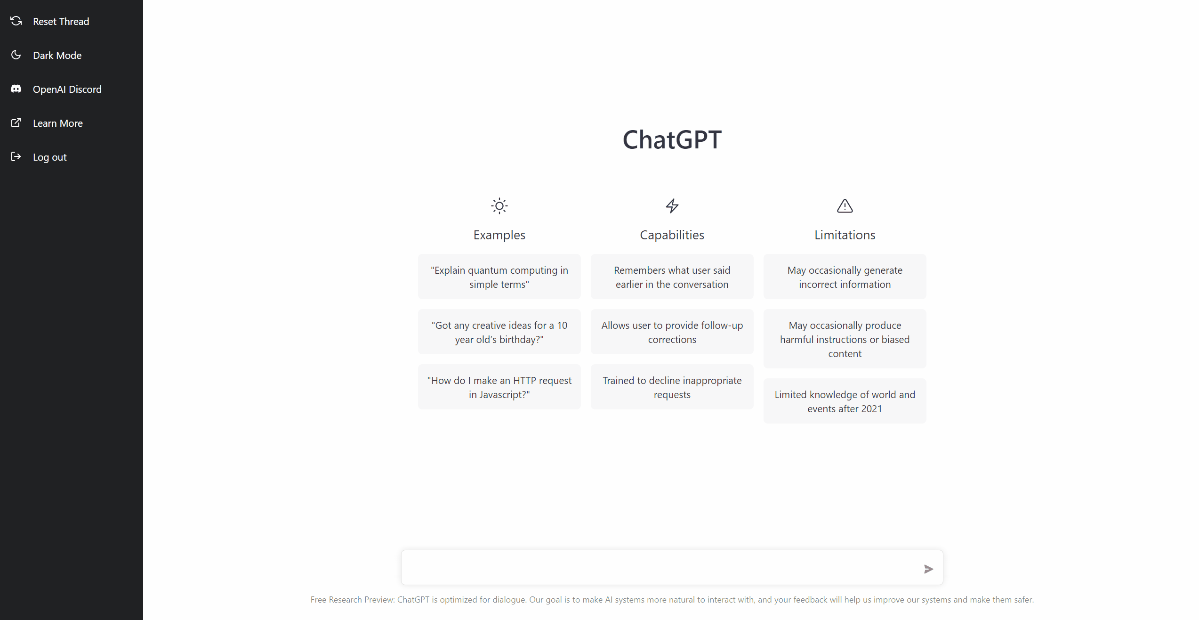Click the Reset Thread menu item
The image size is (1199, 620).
point(61,21)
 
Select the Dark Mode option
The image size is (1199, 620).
point(57,55)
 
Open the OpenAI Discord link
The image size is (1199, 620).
point(67,89)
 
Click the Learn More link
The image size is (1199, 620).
point(57,123)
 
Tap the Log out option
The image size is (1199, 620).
point(49,157)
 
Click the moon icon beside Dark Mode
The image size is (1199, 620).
point(16,55)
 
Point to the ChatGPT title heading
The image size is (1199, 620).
point(672,139)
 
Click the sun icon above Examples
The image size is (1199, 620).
point(499,206)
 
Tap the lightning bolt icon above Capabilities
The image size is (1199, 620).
point(672,206)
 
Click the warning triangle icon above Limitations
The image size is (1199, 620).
point(845,206)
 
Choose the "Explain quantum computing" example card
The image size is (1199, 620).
point(499,277)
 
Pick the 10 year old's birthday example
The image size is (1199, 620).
point(499,332)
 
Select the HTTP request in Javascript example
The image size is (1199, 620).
point(499,387)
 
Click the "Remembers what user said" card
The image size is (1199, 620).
point(672,277)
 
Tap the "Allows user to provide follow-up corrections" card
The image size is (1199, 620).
point(672,332)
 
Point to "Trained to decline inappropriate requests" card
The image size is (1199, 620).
point(672,387)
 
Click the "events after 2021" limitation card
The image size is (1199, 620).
point(845,401)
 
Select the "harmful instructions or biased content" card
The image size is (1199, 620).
point(845,339)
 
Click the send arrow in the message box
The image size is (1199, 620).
point(928,569)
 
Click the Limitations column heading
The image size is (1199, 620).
point(845,235)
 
